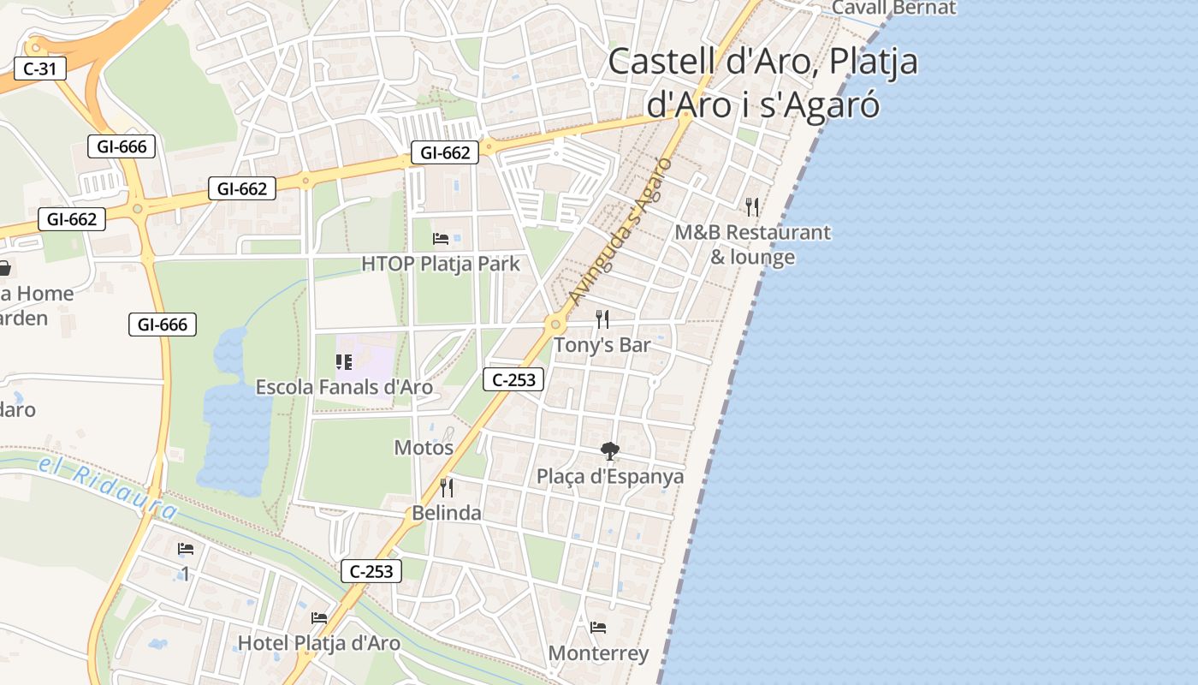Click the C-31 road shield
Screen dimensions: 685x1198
pos(40,69)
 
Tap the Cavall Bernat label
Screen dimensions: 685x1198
pos(893,8)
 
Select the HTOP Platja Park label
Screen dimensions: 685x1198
pos(440,264)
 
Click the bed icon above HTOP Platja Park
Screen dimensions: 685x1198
pos(441,238)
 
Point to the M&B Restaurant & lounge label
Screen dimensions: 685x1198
pos(752,244)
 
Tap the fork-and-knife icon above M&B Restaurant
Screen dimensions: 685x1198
pos(752,206)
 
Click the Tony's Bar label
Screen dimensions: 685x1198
pos(602,345)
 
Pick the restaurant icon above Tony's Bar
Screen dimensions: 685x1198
pos(602,319)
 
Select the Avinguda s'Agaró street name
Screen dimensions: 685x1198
pos(617,232)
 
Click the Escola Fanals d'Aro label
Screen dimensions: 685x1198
pos(344,388)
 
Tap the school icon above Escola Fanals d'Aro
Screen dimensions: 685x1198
pos(344,362)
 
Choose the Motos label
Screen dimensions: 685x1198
pos(424,447)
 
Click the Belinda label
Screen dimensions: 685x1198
pos(447,514)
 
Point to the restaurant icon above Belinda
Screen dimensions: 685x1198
pos(447,487)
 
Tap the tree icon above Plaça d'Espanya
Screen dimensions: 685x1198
pos(610,450)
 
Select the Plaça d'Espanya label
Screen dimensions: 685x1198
pos(610,477)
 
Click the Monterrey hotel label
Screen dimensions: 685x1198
pos(598,653)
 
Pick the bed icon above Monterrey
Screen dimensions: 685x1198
pos(598,628)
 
